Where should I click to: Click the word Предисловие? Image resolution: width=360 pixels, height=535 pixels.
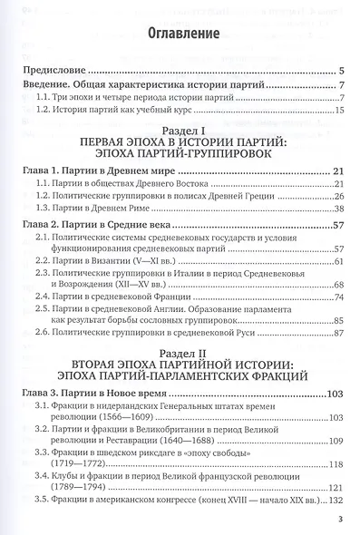(53, 71)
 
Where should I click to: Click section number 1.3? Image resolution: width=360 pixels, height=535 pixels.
(45, 208)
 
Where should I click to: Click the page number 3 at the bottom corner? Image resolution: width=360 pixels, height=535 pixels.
(338, 520)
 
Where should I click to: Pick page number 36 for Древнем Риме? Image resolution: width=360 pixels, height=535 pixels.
(336, 208)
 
